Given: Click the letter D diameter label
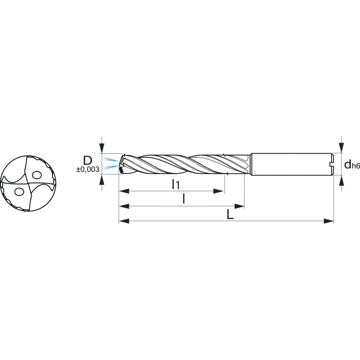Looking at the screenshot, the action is point(88,160).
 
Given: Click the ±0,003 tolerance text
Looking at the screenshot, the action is point(88,169).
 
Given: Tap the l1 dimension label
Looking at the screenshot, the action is point(175,184).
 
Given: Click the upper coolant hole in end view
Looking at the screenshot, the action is point(36,175).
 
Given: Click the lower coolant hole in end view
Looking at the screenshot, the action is point(19,191).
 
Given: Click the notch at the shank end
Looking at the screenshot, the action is point(331,164).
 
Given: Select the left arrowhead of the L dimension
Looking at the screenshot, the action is point(124,221).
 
